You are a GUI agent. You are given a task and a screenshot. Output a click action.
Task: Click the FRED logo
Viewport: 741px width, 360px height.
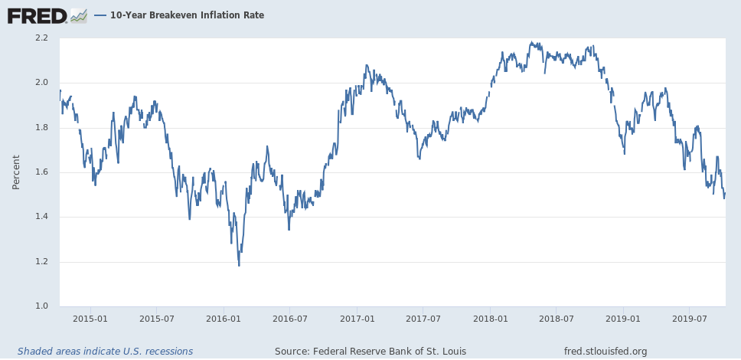pos(37,15)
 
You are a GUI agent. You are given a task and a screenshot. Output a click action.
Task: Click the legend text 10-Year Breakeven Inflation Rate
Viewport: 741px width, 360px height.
pos(187,15)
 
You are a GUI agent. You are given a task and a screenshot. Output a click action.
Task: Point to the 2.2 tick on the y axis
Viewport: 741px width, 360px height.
pos(41,38)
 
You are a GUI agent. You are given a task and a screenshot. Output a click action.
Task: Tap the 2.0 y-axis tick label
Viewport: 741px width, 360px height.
pos(41,83)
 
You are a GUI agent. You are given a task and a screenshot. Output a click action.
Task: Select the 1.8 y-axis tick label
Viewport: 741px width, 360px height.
pos(41,127)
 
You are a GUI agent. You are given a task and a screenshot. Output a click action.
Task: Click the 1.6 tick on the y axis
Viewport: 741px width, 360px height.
pos(41,172)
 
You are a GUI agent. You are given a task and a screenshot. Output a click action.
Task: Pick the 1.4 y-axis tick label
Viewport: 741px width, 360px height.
pos(41,217)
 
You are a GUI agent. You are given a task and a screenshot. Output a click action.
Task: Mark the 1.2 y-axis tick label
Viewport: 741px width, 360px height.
pos(41,262)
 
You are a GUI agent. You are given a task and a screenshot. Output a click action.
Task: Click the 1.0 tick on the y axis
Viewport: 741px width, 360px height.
pos(41,306)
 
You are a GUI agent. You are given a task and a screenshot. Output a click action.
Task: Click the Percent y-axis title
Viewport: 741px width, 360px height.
pos(16,172)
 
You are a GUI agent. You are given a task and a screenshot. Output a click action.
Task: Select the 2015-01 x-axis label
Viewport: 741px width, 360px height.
pos(90,318)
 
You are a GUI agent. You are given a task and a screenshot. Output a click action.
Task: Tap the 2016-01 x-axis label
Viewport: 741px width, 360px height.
pos(224,318)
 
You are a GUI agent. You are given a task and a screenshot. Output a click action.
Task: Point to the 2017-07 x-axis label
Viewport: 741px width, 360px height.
pos(423,318)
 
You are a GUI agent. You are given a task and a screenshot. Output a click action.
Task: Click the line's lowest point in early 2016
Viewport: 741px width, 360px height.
pos(239,265)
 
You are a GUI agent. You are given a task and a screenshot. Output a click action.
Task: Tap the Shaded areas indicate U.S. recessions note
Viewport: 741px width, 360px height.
pos(105,352)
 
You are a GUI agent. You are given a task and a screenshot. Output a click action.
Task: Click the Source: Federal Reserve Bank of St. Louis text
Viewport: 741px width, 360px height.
pos(370,352)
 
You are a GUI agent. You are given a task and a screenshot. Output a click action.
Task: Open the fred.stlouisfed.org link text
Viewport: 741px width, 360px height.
pos(605,352)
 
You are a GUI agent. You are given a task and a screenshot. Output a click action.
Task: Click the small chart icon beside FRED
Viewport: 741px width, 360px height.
pos(78,15)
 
